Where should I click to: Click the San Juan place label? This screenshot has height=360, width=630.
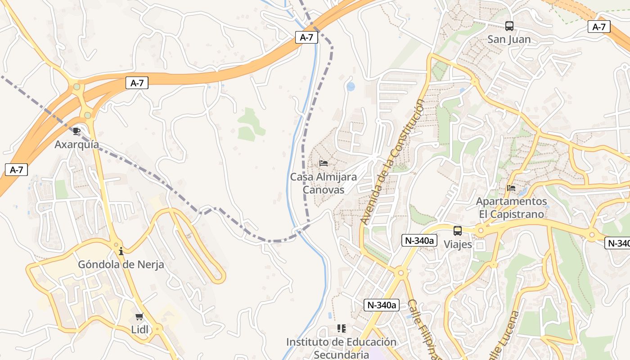[509, 39]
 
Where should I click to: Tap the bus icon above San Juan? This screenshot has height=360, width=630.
[509, 26]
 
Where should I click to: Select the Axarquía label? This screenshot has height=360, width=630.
[76, 144]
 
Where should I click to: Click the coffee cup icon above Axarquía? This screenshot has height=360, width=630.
[76, 131]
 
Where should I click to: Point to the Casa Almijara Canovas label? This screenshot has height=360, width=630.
[323, 183]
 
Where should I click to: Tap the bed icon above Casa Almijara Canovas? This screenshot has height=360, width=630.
[323, 163]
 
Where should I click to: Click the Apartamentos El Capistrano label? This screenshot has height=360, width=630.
[511, 207]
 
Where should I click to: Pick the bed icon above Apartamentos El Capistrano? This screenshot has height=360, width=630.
[511, 188]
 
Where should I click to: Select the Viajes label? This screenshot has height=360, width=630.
[458, 244]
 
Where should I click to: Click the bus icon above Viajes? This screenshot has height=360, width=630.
[458, 231]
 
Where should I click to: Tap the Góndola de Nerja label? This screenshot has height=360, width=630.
[121, 265]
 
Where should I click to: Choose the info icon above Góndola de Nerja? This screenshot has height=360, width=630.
[121, 251]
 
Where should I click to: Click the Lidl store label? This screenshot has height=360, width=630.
[139, 329]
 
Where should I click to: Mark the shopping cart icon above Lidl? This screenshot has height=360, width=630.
[139, 316]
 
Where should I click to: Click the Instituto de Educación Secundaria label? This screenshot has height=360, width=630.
[341, 348]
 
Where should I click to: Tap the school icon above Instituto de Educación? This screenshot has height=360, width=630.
[342, 328]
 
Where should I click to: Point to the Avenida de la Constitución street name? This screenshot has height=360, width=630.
[392, 162]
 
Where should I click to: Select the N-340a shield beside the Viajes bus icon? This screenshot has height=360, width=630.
[419, 240]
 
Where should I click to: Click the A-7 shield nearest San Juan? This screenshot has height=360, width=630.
[598, 27]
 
